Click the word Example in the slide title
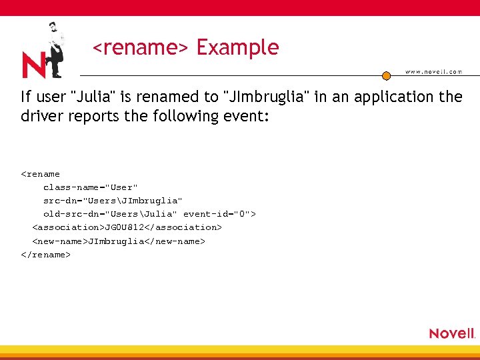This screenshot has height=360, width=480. click(237, 48)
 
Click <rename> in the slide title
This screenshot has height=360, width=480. click(141, 48)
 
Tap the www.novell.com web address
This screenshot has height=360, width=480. click(433, 72)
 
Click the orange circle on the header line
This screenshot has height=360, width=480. click(386, 75)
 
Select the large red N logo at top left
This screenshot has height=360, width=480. click(34, 65)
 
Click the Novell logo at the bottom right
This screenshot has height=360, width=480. click(451, 333)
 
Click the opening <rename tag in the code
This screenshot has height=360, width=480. click(41, 174)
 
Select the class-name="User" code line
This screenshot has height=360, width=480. click(91, 187)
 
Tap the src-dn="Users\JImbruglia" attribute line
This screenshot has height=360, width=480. click(113, 201)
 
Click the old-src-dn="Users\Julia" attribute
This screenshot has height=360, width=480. click(110, 214)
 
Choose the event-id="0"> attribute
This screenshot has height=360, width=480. click(219, 214)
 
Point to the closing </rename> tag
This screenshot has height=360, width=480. click(46, 254)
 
